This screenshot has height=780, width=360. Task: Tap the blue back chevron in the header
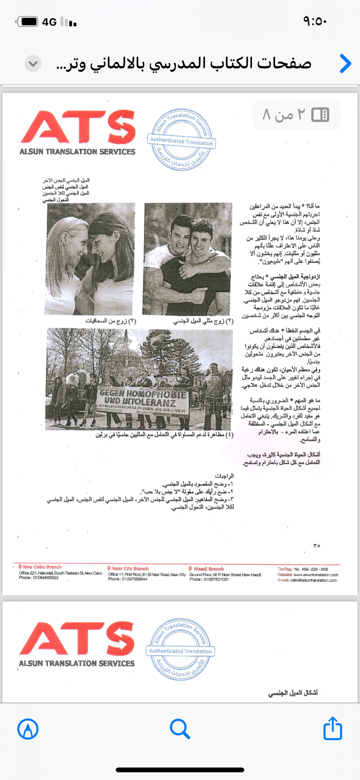[x=345, y=63]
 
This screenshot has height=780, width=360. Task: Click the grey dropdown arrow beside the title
[x=33, y=63]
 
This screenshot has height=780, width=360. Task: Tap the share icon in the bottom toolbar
[x=333, y=728]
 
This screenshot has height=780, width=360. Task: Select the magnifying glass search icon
[x=180, y=729]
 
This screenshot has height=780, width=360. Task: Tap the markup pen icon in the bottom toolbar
[x=28, y=729]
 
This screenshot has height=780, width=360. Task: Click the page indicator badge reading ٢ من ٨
[x=296, y=115]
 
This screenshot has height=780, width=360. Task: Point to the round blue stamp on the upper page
[x=181, y=140]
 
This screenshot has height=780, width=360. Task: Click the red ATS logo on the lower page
[x=77, y=638]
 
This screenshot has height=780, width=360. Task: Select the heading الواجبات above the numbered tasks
[x=224, y=476]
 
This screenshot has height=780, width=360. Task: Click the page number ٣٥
[x=316, y=546]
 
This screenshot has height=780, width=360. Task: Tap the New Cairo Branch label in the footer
[x=42, y=567]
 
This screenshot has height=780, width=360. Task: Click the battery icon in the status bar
[x=28, y=22]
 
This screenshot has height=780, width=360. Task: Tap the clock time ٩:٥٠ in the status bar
[x=314, y=22]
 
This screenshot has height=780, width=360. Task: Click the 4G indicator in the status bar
[x=49, y=22]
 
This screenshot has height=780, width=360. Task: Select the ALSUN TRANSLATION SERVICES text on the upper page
[x=78, y=152]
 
